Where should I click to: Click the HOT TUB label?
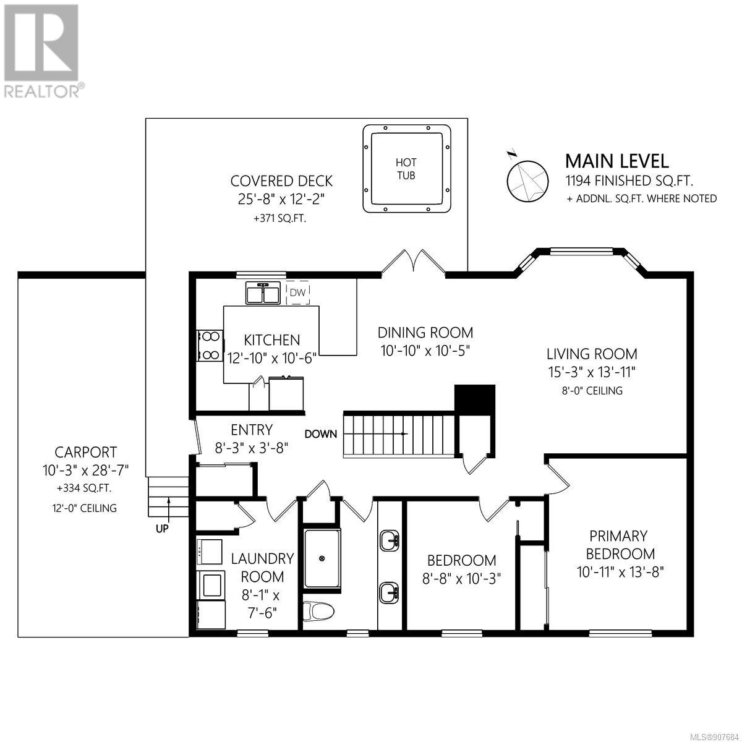[x=406, y=169]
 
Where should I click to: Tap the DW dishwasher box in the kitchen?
[x=297, y=292]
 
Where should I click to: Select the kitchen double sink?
[x=263, y=293]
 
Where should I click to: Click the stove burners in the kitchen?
[x=210, y=346]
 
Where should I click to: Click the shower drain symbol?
[x=322, y=558]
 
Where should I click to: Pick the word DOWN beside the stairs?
[x=321, y=434]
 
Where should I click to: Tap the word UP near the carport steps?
[x=162, y=529]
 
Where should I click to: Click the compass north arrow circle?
[x=527, y=181]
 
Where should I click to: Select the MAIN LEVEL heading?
[x=617, y=161]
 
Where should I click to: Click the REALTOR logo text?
[x=44, y=91]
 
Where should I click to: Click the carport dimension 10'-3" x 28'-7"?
[x=85, y=470]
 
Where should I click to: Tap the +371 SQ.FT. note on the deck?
[x=280, y=219]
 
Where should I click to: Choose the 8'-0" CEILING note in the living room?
[x=592, y=390]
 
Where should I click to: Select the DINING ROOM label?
[x=425, y=332]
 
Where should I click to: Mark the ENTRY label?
[x=252, y=429]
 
